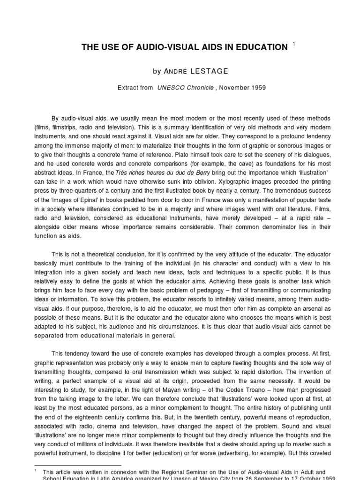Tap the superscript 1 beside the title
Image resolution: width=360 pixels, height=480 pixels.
click(293, 44)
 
